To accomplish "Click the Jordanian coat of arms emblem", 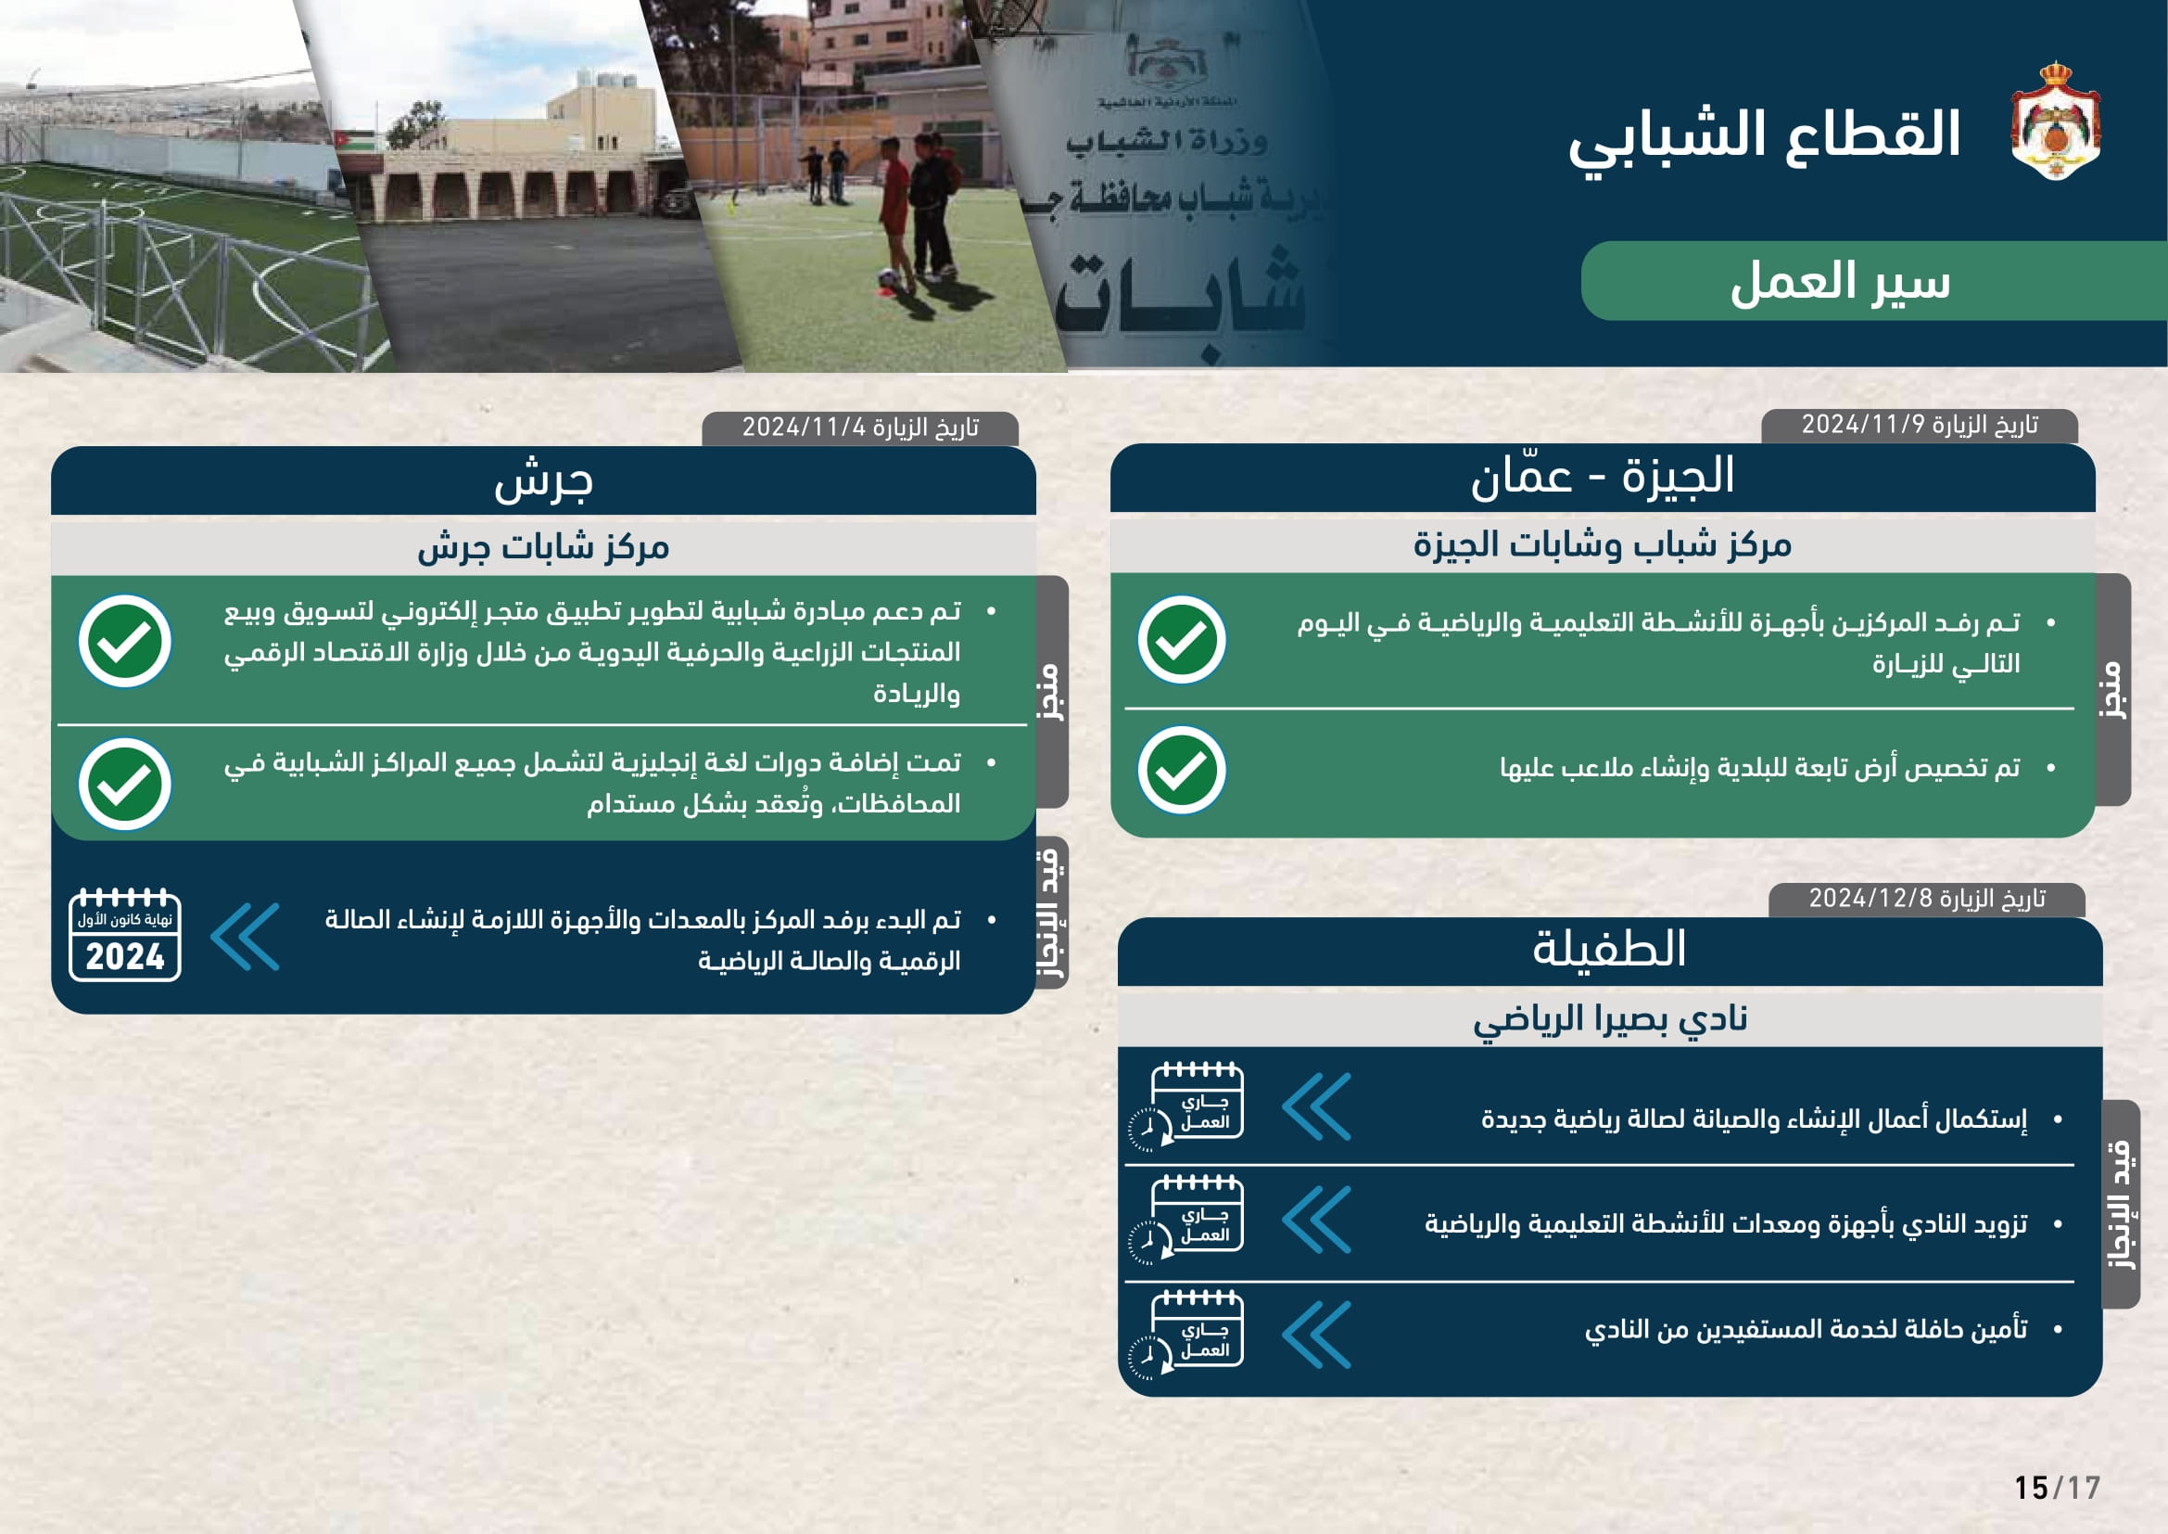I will (2055, 121).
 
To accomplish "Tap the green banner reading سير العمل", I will (1839, 283).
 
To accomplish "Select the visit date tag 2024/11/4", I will (859, 428).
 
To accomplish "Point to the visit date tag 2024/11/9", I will (1919, 425).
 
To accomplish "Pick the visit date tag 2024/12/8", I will (1926, 899).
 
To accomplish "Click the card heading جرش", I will (543, 480).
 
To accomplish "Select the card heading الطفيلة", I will (1609, 950).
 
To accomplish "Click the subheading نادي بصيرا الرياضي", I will (1609, 1018).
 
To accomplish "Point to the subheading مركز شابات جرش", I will (543, 547).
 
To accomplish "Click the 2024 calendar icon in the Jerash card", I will (124, 936).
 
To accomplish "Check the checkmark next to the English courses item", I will (124, 784).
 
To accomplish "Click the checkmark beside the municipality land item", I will (1181, 770).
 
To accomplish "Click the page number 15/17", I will (2057, 1489).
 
